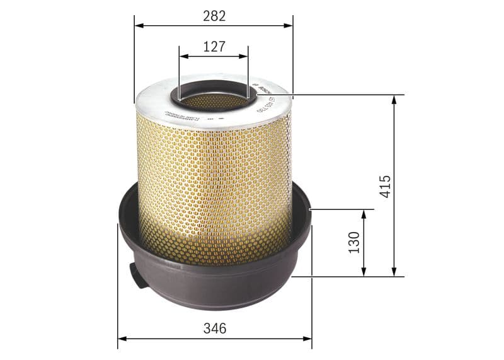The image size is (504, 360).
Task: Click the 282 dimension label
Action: [x=214, y=16]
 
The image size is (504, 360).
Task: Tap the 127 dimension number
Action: [x=214, y=46]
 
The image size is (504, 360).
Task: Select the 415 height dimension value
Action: [x=386, y=187]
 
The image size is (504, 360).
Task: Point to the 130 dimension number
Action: [x=353, y=243]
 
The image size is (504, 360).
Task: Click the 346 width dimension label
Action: [x=215, y=328]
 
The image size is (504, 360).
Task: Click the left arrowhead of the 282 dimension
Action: [x=139, y=26]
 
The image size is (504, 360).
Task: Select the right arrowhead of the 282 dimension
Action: [x=289, y=26]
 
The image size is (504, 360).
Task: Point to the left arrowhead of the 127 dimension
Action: [x=183, y=56]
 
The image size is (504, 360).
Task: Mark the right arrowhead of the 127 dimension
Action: [x=244, y=56]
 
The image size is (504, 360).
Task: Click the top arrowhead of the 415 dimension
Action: [x=394, y=100]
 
